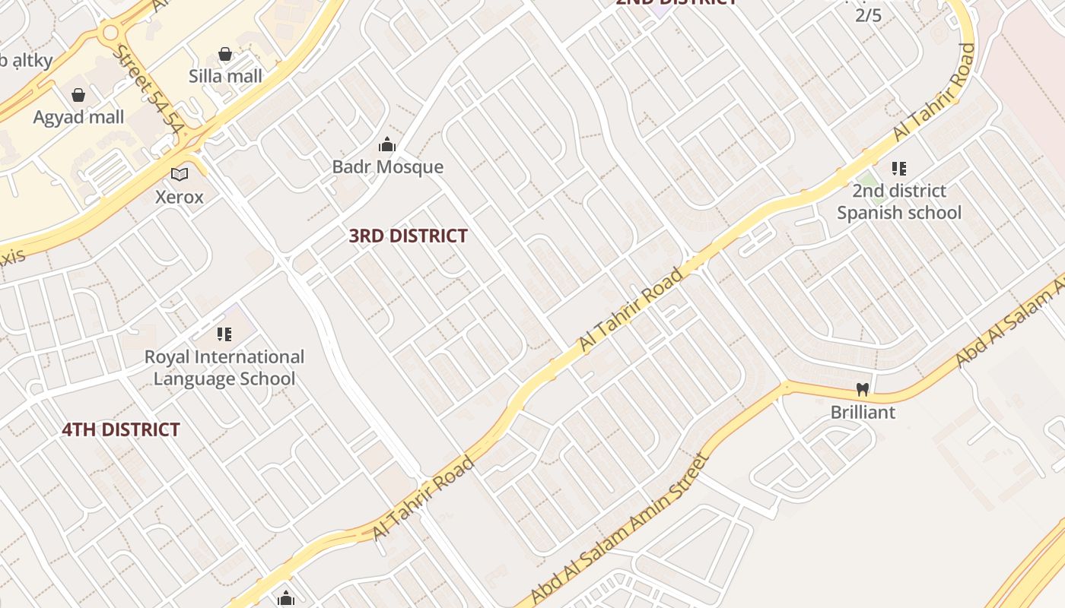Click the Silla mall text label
pyautogui.click(x=225, y=76)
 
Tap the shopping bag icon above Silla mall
pyautogui.click(x=225, y=54)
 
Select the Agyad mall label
pyautogui.click(x=78, y=117)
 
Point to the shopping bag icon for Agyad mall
pyautogui.click(x=78, y=95)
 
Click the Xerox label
pyautogui.click(x=180, y=197)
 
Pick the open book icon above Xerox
pyautogui.click(x=180, y=175)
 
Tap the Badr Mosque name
pyautogui.click(x=388, y=166)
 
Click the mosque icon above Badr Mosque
pyautogui.click(x=387, y=144)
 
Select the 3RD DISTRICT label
pyautogui.click(x=408, y=236)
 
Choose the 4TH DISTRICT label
pyautogui.click(x=121, y=429)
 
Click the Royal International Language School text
pyautogui.click(x=224, y=367)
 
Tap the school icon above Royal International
pyautogui.click(x=224, y=334)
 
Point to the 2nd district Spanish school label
pyautogui.click(x=899, y=201)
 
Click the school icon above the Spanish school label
pyautogui.click(x=899, y=168)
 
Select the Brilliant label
pyautogui.click(x=863, y=412)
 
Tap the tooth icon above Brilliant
pyautogui.click(x=862, y=390)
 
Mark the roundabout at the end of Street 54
pyautogui.click(x=111, y=33)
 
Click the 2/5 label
pyautogui.click(x=869, y=14)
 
